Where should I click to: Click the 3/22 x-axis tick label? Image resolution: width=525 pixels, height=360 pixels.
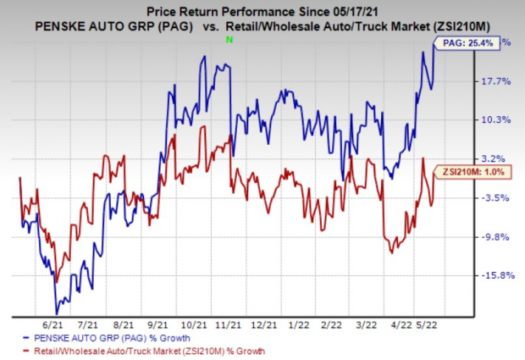point(366,323)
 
